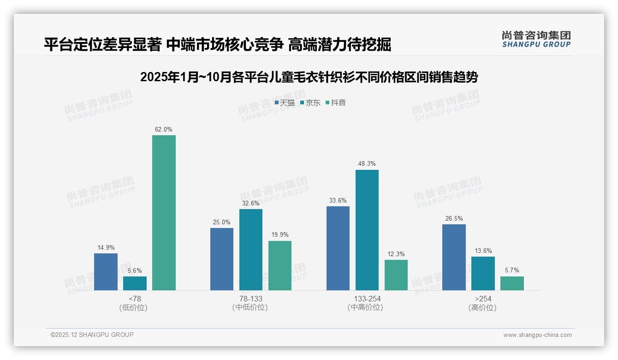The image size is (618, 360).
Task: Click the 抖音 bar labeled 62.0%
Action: point(164,213)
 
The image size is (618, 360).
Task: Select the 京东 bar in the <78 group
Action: point(135,283)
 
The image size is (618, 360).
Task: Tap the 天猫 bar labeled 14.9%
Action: point(106,272)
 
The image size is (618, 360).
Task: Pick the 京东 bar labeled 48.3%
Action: point(367,230)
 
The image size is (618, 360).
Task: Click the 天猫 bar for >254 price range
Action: point(454,257)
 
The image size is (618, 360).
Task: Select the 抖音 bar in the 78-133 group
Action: point(280,265)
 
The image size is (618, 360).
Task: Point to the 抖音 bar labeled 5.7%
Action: point(512,283)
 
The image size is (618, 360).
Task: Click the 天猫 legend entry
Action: point(285,103)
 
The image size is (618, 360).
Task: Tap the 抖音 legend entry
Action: point(336,103)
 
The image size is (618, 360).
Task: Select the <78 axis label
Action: point(135,299)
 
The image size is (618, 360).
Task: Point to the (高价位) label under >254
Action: point(482,307)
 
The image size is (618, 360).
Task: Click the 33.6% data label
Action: point(338,200)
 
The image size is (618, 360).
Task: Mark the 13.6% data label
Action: point(482,251)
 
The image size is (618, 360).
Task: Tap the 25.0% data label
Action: point(222,222)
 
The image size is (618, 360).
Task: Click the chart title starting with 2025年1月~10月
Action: point(309,77)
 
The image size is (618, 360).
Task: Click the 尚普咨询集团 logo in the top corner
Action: point(536,39)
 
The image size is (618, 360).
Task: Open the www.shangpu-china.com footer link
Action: point(537,335)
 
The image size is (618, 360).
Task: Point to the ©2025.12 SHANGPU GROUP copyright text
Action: point(92,335)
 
